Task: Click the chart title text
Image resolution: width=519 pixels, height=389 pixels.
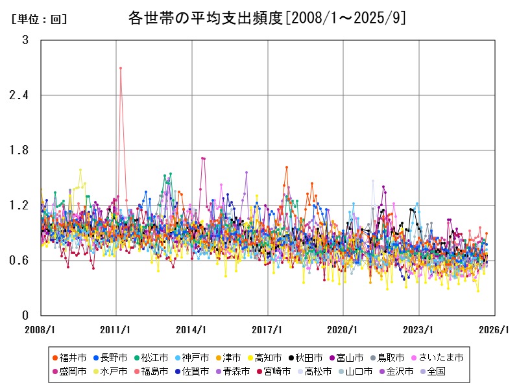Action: click(x=267, y=18)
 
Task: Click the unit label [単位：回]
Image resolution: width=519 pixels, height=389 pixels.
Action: click(x=39, y=19)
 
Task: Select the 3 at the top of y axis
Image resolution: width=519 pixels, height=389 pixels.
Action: click(x=25, y=40)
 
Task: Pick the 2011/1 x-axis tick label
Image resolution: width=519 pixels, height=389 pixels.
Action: click(x=116, y=329)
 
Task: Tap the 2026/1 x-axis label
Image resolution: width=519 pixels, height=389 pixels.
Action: click(x=494, y=329)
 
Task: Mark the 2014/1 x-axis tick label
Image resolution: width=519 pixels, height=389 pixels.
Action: click(x=192, y=329)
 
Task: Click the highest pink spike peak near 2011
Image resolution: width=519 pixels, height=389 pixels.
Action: click(x=121, y=67)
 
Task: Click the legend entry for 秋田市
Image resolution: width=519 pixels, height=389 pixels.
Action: click(x=305, y=357)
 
